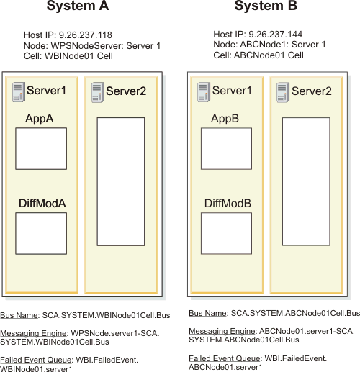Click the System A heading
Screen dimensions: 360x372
click(78, 6)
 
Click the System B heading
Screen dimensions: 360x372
click(266, 6)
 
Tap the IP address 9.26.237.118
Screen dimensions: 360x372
click(86, 35)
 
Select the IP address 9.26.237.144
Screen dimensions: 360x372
click(275, 35)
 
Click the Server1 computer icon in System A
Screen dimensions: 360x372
click(19, 92)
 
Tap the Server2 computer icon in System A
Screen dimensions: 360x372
click(98, 93)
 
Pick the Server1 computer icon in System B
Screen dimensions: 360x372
click(204, 92)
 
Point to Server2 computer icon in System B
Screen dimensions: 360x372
click(283, 93)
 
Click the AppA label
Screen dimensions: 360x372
click(40, 119)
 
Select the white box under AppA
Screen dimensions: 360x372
click(41, 149)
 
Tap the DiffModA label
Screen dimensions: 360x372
click(42, 204)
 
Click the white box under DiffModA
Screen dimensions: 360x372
click(41, 233)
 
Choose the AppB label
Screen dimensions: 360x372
click(225, 119)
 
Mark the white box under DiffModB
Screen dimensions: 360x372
click(226, 233)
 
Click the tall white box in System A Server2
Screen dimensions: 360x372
click(121, 181)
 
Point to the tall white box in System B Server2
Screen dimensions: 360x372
click(306, 181)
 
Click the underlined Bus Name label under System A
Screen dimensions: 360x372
click(19, 315)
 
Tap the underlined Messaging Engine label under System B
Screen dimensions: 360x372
click(222, 331)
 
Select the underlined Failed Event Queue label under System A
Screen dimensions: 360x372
click(36, 360)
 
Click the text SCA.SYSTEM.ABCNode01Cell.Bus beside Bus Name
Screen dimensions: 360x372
click(295, 313)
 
